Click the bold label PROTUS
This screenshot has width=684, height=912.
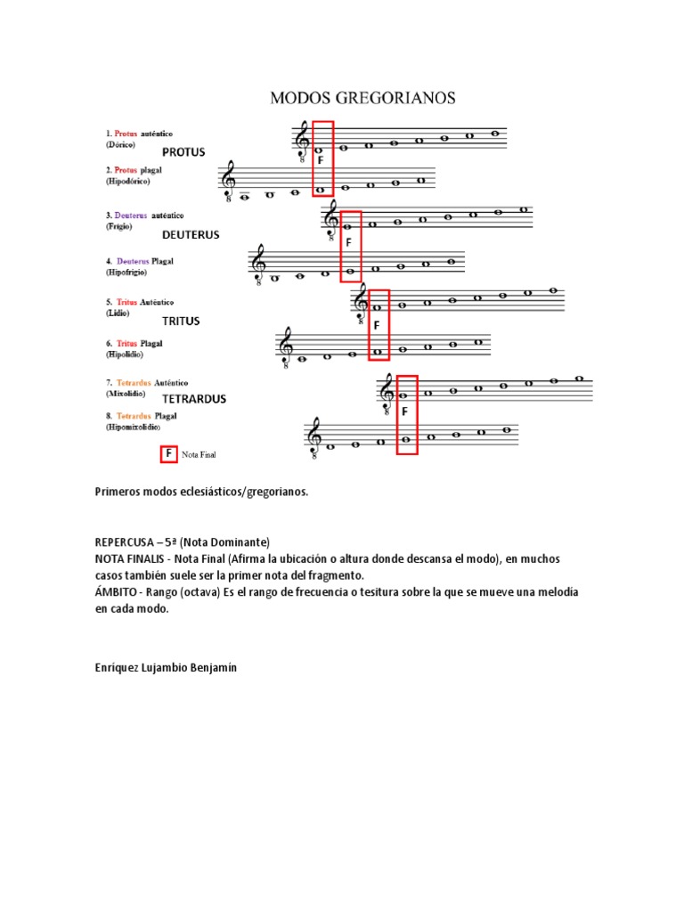point(183,152)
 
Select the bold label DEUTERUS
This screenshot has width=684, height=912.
point(191,235)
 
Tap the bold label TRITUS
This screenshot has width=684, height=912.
point(181,321)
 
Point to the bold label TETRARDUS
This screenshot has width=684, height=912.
point(194,399)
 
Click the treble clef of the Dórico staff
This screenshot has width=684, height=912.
point(303,141)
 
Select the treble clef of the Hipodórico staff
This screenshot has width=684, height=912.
point(230,181)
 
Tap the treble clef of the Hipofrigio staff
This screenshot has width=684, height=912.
point(259,264)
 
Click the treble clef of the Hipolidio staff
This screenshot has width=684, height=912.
point(287,345)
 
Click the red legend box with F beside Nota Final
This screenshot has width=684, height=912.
point(167,454)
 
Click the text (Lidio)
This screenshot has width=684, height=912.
point(117,313)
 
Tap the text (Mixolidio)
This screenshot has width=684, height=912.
point(126,393)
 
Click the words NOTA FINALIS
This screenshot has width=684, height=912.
point(132,558)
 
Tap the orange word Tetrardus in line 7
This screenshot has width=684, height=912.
point(134,381)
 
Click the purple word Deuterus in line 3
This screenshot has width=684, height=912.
point(130,216)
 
